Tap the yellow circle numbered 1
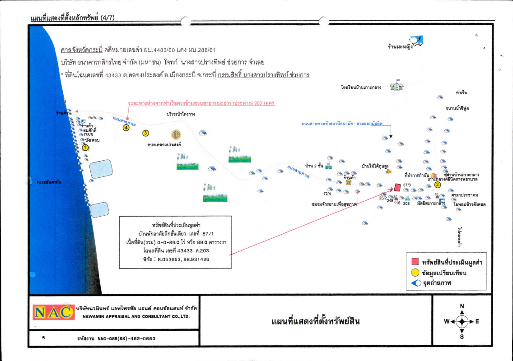(x=85, y=147)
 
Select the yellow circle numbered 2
(x=437, y=184)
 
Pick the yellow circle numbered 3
(x=145, y=133)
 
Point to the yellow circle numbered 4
(x=126, y=128)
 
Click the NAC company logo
(x=53, y=312)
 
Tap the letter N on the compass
(x=462, y=306)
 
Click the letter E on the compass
(x=477, y=322)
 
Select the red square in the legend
(x=414, y=262)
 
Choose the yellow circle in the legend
(x=414, y=273)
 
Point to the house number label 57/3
(x=406, y=185)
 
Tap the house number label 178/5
(x=88, y=135)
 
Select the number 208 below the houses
(x=406, y=204)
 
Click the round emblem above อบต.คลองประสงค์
(x=176, y=134)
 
